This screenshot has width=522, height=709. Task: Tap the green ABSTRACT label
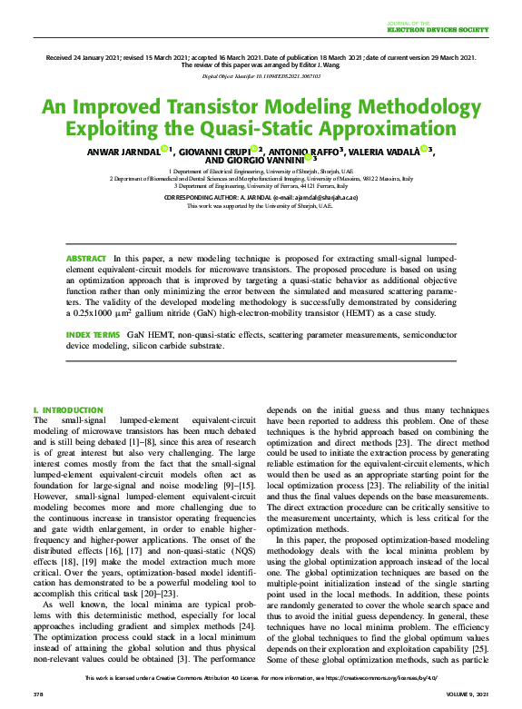pos(86,259)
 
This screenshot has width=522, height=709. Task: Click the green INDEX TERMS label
pos(93,335)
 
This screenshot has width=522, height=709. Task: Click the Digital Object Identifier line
pos(261,78)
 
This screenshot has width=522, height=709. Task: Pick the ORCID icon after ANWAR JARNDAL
pos(163,148)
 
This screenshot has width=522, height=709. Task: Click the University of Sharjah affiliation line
pos(261,172)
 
